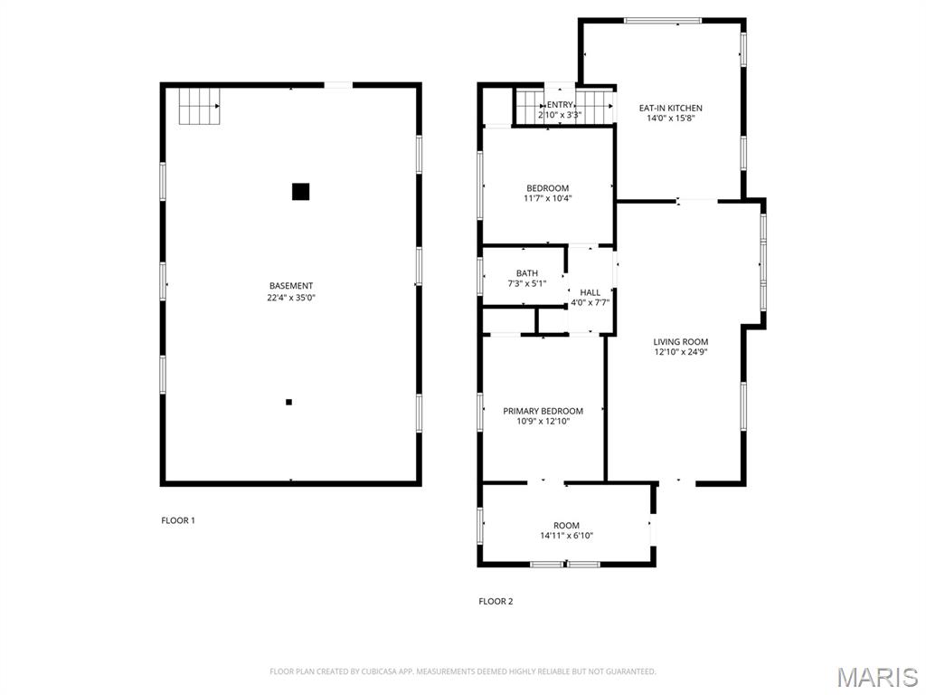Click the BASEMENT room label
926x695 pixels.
click(x=291, y=285)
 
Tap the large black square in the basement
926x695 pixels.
click(x=300, y=192)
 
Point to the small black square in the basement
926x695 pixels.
click(x=288, y=402)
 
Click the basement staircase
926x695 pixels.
click(x=200, y=107)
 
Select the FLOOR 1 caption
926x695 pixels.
click(x=178, y=520)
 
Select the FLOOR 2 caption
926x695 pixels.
click(x=496, y=601)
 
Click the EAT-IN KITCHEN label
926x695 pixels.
click(x=671, y=109)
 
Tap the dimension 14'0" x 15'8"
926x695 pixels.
click(x=671, y=119)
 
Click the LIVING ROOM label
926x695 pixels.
click(x=680, y=341)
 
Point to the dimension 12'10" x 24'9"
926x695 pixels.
click(x=680, y=352)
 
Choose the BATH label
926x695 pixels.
click(x=527, y=273)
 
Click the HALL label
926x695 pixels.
click(x=590, y=292)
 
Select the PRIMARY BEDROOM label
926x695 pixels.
click(x=543, y=411)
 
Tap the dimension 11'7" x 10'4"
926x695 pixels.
click(x=547, y=198)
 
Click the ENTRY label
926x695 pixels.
click(x=560, y=105)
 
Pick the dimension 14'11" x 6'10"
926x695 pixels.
click(x=566, y=536)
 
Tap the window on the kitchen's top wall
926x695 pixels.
click(x=663, y=21)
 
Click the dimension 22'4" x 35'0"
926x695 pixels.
click(x=291, y=297)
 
